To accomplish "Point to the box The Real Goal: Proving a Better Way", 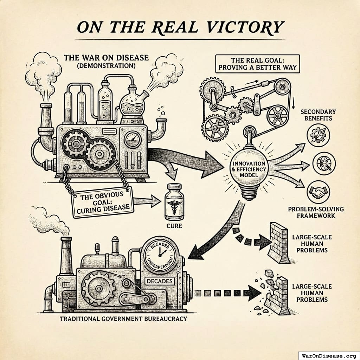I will (x=257, y=63).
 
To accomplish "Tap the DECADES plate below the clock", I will (x=160, y=281).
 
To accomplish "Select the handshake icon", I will (x=318, y=192).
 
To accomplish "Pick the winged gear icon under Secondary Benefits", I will (x=318, y=135).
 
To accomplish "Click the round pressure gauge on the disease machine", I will (x=133, y=139).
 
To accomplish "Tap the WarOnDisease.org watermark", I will (x=329, y=355).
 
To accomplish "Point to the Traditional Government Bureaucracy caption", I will (x=123, y=319).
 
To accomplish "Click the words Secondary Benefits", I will (x=318, y=115).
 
